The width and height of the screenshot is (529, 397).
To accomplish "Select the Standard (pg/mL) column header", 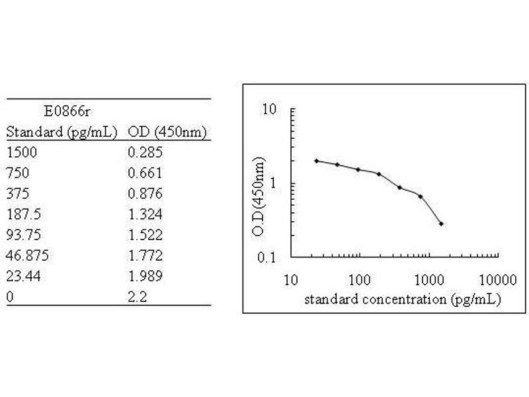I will (x=61, y=132).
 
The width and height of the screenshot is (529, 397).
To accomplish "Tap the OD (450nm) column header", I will (x=168, y=132).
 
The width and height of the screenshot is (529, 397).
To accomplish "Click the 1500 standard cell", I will (x=22, y=152).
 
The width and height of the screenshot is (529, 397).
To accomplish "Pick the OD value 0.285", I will (x=145, y=152).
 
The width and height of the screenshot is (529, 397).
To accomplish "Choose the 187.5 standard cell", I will (x=24, y=214).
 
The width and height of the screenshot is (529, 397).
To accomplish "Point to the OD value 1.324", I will (x=145, y=214).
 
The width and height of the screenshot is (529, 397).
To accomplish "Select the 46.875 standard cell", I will (x=27, y=255).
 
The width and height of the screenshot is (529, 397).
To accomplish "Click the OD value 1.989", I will (x=145, y=275).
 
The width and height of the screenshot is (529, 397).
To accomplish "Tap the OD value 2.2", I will (x=137, y=296).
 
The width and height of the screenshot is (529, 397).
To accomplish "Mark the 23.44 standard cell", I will (x=24, y=275).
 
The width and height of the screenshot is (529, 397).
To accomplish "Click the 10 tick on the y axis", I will (x=268, y=109).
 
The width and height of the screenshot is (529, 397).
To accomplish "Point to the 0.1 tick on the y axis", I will (x=266, y=257).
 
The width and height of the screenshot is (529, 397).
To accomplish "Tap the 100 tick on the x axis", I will (x=360, y=279).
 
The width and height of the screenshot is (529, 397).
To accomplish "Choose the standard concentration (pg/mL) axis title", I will (x=402, y=298).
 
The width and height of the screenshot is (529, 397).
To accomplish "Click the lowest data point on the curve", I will (x=440, y=224).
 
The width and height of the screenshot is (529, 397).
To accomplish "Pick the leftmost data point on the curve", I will (x=317, y=161).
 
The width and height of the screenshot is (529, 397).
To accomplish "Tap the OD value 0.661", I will (x=145, y=173).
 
